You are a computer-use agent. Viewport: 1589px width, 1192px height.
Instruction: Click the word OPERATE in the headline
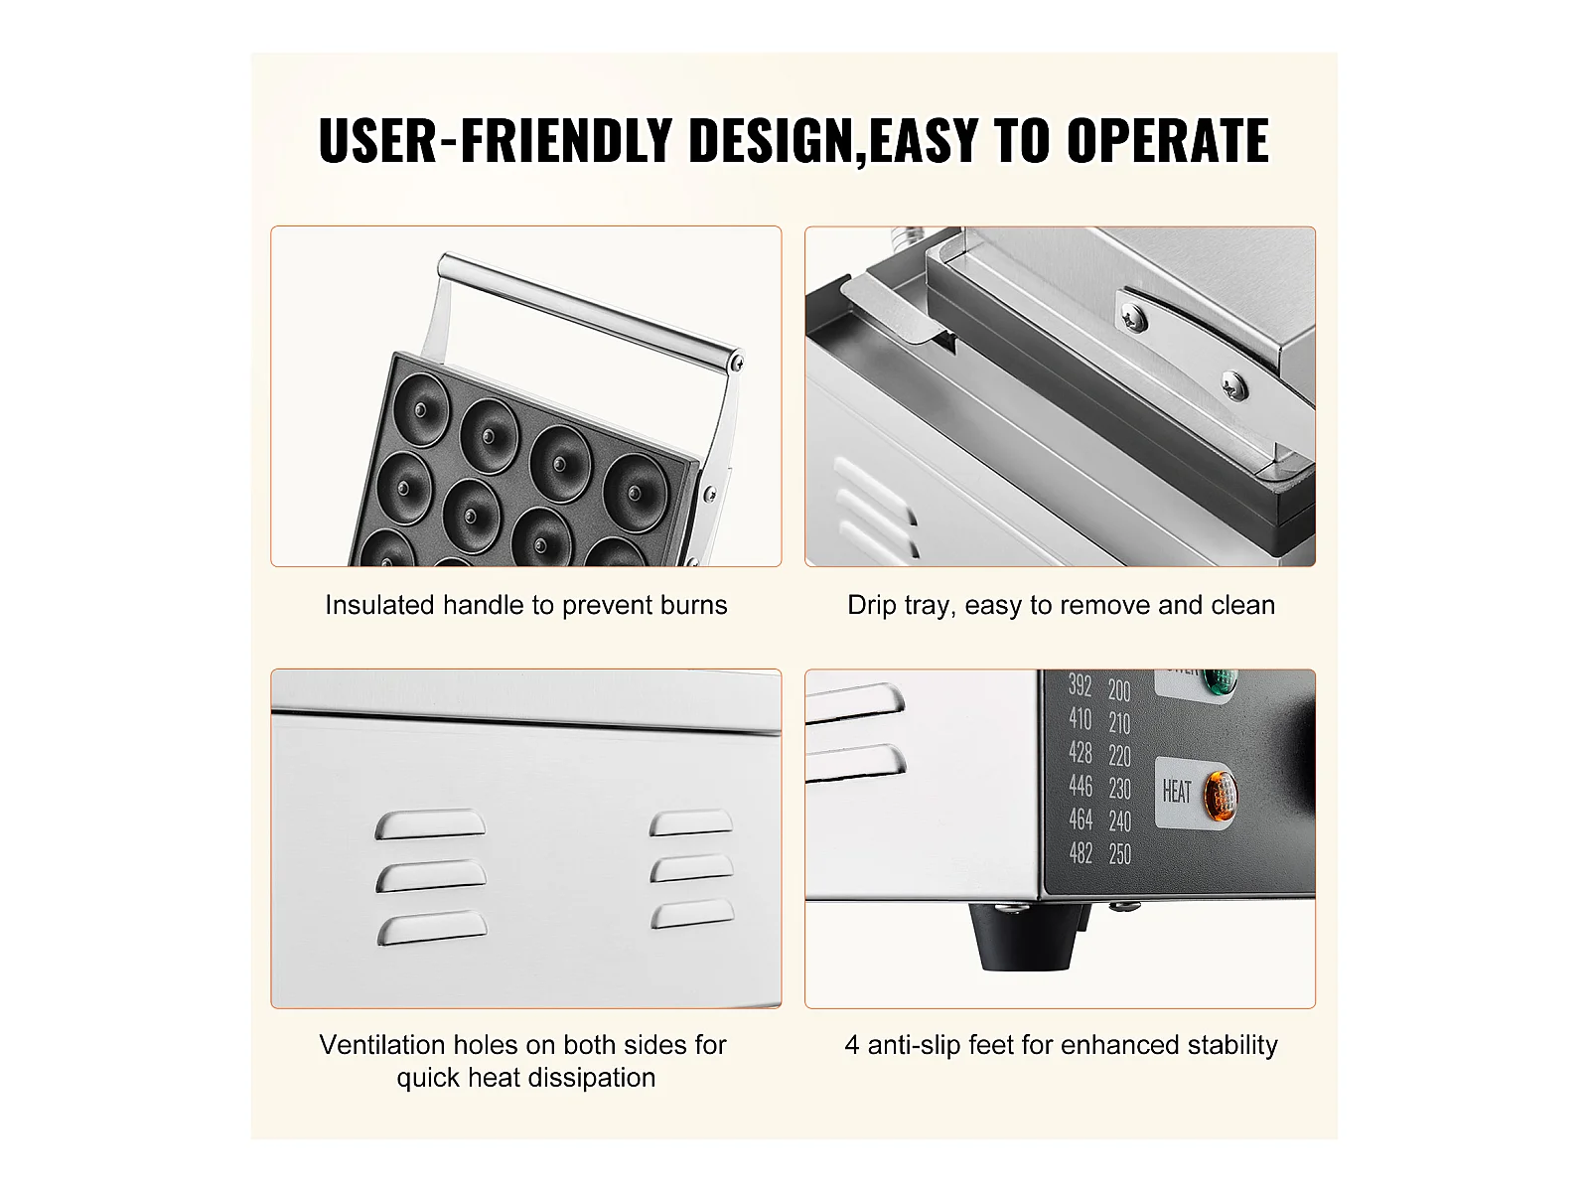point(1168,140)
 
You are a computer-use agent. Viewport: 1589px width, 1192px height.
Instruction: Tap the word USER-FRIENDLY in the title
point(496,140)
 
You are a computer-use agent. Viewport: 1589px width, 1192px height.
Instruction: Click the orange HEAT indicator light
point(1220,796)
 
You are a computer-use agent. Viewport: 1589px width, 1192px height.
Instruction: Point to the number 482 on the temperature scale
point(1081,853)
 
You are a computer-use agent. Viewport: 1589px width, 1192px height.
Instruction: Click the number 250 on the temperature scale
point(1120,854)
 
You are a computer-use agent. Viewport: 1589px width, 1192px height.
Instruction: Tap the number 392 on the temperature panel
point(1081,684)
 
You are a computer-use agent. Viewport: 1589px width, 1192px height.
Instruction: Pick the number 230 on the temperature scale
point(1120,788)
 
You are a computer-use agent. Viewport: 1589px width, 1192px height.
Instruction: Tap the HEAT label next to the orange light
point(1177,792)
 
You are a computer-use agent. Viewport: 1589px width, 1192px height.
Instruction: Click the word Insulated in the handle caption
point(380,605)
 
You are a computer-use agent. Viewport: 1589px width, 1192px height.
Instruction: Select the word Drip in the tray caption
point(871,606)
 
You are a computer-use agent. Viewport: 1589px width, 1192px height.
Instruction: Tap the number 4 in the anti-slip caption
point(852,1046)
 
